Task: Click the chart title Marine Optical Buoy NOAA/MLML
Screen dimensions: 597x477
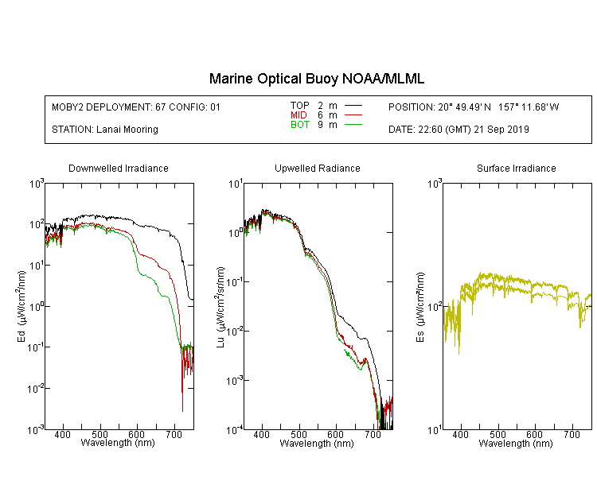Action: pos(316,79)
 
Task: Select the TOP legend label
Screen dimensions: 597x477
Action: pos(299,106)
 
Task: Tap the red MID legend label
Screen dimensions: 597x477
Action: pos(298,114)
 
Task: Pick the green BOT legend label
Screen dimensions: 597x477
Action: pos(299,125)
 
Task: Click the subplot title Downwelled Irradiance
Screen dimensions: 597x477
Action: pos(119,168)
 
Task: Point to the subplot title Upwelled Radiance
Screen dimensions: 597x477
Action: pos(318,168)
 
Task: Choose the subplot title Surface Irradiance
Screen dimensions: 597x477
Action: pos(517,168)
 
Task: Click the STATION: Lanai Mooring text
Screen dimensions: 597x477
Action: pos(105,130)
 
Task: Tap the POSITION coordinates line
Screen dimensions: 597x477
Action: pos(474,107)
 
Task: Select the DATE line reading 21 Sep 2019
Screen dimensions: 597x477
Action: pos(458,130)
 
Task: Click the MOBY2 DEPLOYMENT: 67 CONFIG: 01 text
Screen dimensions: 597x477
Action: pos(136,107)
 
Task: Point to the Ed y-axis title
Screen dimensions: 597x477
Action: pos(21,306)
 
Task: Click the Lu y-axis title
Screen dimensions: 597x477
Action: pos(220,307)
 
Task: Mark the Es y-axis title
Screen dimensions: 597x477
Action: pos(420,307)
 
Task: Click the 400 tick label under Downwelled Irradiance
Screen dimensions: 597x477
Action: pos(62,434)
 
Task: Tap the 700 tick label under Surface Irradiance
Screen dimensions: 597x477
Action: pos(572,434)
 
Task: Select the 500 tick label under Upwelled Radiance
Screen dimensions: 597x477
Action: pos(298,434)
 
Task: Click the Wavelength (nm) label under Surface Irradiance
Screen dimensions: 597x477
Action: pos(516,443)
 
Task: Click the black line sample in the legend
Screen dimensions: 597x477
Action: pos(353,106)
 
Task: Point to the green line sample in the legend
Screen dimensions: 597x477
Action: pos(353,124)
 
